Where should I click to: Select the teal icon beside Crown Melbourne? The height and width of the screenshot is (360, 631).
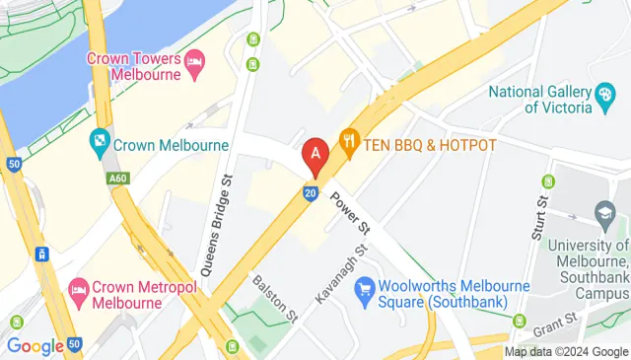tap(99, 144)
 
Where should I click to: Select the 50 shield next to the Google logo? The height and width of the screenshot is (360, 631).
tap(74, 346)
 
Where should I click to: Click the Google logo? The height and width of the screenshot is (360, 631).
tap(35, 346)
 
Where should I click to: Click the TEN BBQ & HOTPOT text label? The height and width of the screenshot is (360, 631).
tap(430, 145)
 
